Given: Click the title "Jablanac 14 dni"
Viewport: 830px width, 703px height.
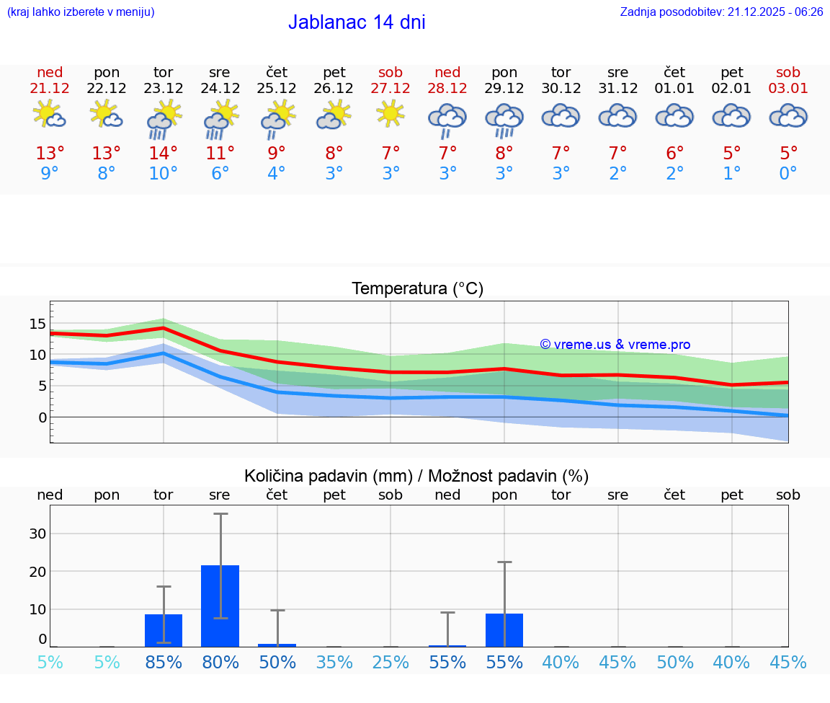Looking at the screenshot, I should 357,22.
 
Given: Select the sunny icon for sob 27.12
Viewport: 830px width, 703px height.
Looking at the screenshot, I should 391,114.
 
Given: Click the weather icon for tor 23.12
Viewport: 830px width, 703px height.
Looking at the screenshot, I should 164,118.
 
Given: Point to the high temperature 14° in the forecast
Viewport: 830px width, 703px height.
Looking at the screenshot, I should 164,154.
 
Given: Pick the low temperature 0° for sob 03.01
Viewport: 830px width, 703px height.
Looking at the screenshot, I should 788,174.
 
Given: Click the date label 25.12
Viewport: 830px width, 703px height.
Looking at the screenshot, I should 277,88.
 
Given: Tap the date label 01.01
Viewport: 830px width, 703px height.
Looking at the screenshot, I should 674,88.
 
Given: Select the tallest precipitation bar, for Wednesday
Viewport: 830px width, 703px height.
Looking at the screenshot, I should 220,606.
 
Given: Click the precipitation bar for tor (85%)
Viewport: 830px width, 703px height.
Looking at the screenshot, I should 164,630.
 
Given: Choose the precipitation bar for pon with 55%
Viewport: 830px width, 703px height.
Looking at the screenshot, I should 504,629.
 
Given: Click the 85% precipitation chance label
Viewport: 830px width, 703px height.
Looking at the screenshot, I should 164,662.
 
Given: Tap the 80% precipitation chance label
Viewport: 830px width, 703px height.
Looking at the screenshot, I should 220,662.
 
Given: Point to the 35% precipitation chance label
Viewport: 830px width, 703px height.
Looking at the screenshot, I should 334,662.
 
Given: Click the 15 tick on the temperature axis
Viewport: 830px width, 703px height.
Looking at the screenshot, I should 37,324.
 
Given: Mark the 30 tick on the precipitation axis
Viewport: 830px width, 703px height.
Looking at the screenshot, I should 37,534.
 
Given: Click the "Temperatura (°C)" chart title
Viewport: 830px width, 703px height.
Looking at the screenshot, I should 417,288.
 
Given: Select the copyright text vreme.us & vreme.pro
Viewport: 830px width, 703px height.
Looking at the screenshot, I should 615,345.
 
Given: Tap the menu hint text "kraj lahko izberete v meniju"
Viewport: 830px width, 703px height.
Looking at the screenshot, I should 81,12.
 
